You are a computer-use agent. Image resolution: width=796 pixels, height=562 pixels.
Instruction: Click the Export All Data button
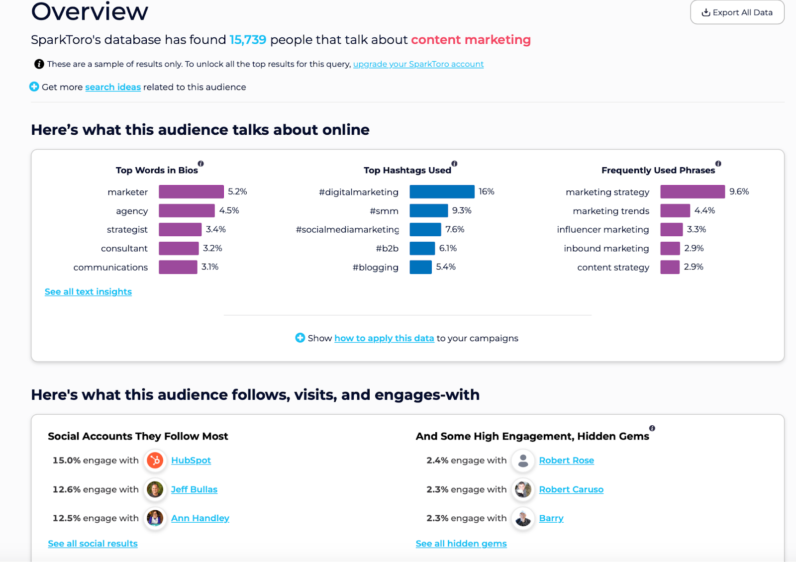pos(737,12)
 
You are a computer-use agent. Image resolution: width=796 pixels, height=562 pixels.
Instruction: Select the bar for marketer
pos(191,191)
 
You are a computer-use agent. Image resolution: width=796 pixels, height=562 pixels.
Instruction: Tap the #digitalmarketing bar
pos(442,191)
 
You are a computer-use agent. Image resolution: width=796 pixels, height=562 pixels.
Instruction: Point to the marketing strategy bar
pos(692,191)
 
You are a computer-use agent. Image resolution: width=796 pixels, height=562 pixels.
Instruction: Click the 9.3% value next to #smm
pos(462,210)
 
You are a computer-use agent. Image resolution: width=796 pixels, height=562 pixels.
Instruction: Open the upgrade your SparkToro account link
pos(418,64)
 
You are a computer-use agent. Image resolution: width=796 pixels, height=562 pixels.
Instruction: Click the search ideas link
pos(113,87)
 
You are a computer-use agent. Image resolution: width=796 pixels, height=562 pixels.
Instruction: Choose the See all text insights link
pos(88,291)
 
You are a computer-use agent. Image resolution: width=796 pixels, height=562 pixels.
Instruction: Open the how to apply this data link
pos(384,338)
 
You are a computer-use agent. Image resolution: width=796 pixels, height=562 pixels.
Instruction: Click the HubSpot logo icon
pos(155,461)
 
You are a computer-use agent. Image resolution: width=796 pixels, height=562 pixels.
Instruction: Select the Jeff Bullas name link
pos(194,489)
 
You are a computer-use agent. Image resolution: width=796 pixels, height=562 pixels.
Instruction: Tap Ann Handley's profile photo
pos(155,518)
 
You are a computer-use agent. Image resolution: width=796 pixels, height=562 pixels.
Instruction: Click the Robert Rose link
pos(566,461)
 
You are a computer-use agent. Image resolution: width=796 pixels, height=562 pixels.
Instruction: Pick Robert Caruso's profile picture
pos(523,489)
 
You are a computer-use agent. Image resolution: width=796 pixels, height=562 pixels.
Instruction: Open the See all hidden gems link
pos(461,544)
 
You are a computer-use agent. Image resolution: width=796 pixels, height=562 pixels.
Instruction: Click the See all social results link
pos(93,544)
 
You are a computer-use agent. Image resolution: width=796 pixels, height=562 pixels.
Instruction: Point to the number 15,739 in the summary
pos(248,40)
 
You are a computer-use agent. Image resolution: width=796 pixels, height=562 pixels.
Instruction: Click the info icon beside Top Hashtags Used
pos(454,164)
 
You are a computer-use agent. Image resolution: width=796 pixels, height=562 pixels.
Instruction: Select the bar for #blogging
pos(420,267)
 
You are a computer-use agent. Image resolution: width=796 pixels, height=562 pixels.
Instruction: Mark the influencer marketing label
pos(602,229)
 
